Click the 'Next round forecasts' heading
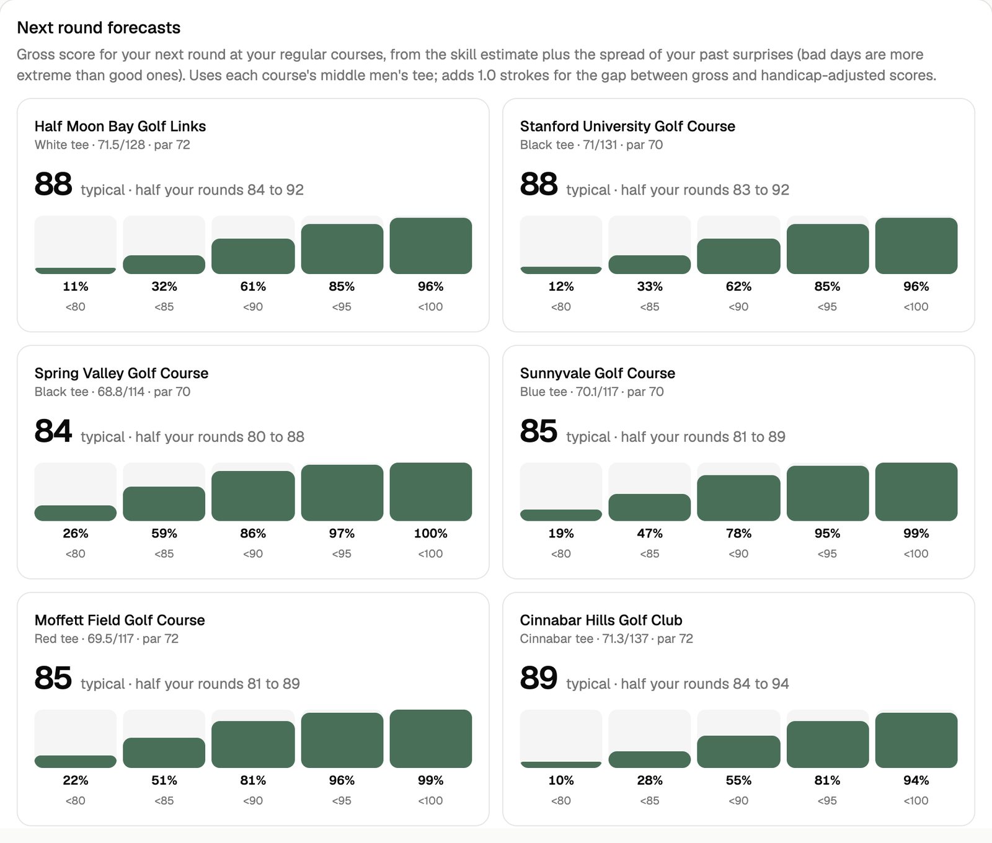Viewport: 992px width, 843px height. pyautogui.click(x=99, y=28)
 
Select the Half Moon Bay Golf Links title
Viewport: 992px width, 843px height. pyautogui.click(x=120, y=126)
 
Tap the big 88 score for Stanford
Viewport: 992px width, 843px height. pyautogui.click(x=539, y=185)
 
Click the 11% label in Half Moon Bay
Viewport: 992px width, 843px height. pyautogui.click(x=76, y=286)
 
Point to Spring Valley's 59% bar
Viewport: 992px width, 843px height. pyautogui.click(x=164, y=504)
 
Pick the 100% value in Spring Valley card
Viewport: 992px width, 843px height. pyautogui.click(x=431, y=534)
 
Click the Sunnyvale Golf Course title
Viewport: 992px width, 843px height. pyautogui.click(x=598, y=373)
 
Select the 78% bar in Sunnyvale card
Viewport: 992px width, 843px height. pyautogui.click(x=738, y=498)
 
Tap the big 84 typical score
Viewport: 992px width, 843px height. pyautogui.click(x=53, y=431)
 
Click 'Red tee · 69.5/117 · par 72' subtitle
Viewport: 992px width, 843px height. pyautogui.click(x=107, y=639)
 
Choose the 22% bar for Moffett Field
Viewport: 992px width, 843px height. pyautogui.click(x=76, y=762)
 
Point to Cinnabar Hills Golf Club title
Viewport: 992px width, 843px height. pyautogui.click(x=601, y=620)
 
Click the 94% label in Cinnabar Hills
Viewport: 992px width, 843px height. pyautogui.click(x=916, y=780)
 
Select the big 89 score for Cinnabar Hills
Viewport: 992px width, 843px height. pyautogui.click(x=539, y=679)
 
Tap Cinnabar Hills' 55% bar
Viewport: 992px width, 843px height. pyautogui.click(x=738, y=752)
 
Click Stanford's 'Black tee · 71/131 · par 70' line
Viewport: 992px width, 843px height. pyautogui.click(x=591, y=145)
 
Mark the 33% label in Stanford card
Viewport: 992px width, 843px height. pyautogui.click(x=650, y=286)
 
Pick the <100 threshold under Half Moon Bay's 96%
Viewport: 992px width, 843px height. pyautogui.click(x=431, y=307)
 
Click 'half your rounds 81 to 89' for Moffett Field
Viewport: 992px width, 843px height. pyautogui.click(x=218, y=684)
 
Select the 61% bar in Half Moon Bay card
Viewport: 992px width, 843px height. pyautogui.click(x=253, y=257)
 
